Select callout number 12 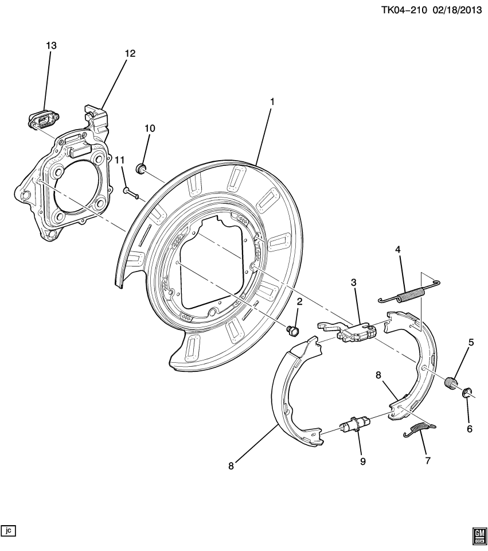pyautogui.click(x=130, y=53)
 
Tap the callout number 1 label pyautogui.click(x=272, y=102)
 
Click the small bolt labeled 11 pyautogui.click(x=130, y=193)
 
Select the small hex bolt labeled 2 pyautogui.click(x=294, y=330)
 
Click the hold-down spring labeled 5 pyautogui.click(x=452, y=381)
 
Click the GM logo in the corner pyautogui.click(x=478, y=535)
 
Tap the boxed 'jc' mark pyautogui.click(x=8, y=530)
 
